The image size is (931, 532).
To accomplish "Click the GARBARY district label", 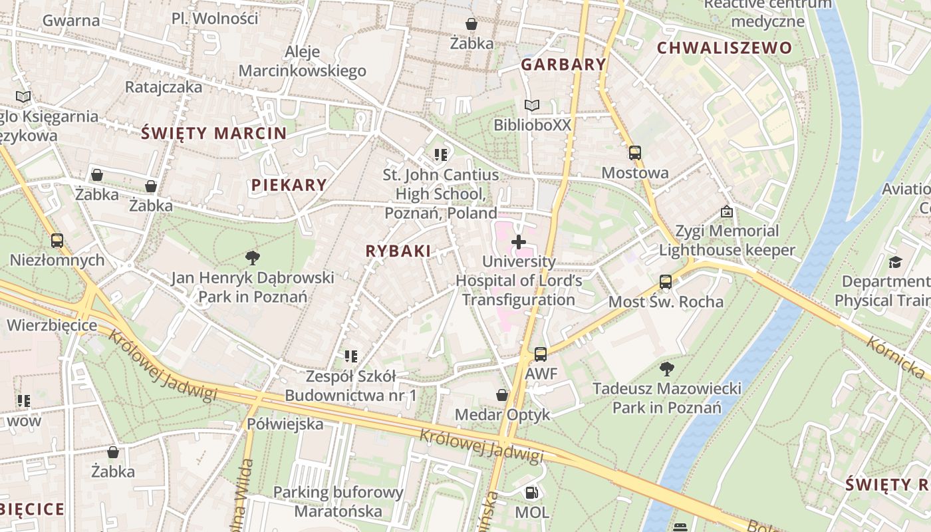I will (563, 65).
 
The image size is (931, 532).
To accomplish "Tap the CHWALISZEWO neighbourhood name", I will (724, 48).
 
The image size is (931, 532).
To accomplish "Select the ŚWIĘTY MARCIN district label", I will (213, 133).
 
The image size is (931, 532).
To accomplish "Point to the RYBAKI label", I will (398, 251).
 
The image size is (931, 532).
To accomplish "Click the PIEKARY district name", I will (289, 186).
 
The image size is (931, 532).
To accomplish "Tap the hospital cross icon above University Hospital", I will (519, 242).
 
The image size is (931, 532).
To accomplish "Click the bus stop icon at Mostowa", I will (635, 153).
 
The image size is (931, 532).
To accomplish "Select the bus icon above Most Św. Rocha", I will (666, 281).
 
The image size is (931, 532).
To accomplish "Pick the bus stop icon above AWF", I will (541, 354).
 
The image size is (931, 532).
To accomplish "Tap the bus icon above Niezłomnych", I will (57, 241).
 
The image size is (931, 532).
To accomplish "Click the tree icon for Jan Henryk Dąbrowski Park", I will (252, 257).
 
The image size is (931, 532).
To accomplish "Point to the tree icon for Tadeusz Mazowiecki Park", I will (666, 368).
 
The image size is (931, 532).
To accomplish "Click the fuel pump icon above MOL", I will (531, 493).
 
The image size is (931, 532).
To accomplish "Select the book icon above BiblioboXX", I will (532, 105).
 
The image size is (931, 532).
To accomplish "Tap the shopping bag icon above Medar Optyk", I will (502, 395).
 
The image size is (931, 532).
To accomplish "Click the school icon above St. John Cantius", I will (440, 155).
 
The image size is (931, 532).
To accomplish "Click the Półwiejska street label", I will (285, 424).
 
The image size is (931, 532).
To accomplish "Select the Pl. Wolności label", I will (215, 19).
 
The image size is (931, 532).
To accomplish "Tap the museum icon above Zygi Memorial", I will (727, 211).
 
